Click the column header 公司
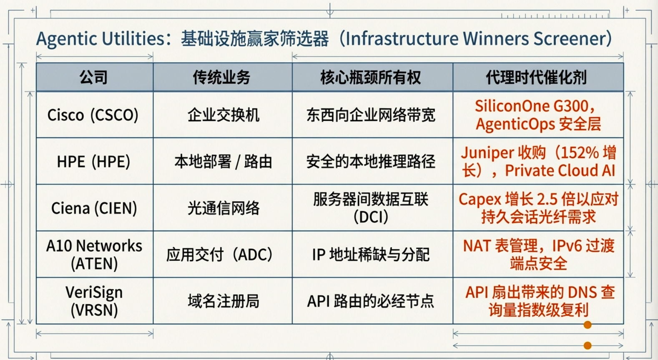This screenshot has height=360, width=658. click(93, 77)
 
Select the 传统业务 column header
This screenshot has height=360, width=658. click(221, 77)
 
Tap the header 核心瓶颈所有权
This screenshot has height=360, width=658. click(371, 77)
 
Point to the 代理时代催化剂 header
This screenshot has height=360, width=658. click(536, 77)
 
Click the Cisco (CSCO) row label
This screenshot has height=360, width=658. click(93, 115)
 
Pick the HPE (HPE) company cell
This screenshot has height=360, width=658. click(93, 162)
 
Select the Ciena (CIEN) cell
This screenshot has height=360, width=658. click(94, 208)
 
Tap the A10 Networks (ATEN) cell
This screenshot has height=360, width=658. click(94, 254)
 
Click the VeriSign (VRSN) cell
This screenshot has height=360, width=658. click(94, 301)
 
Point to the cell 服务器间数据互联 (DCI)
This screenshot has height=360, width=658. click(371, 208)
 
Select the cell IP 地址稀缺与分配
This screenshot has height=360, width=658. click(371, 255)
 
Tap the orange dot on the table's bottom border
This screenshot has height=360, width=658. click(588, 325)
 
